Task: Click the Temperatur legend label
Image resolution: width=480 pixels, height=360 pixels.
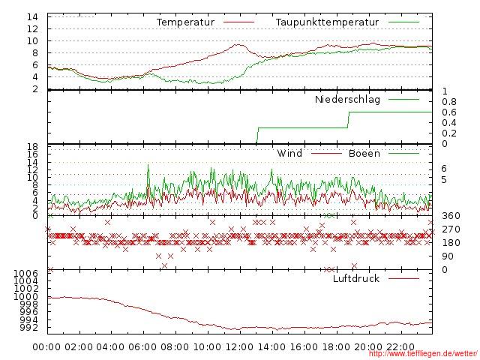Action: pos(185,22)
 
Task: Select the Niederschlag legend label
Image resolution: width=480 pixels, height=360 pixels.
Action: pos(347,99)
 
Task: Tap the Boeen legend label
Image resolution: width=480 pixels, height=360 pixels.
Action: pos(364,154)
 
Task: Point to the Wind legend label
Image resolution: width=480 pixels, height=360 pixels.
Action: pos(289,154)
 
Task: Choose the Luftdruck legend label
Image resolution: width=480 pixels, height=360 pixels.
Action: pos(355,279)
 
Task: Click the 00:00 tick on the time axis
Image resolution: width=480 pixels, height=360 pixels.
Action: pos(47,347)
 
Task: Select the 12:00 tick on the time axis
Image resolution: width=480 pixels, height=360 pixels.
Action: pos(239,347)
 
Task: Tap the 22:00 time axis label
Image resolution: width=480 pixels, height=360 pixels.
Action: pos(399,347)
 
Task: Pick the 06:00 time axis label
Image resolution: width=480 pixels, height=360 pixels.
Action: pos(143,347)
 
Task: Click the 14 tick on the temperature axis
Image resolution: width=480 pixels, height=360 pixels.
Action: pos(33,17)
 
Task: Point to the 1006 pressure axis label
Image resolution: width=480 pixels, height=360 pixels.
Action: pos(27,274)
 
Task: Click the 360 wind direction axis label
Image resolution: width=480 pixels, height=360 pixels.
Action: pos(450,217)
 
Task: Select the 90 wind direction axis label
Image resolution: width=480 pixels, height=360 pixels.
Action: pos(447,256)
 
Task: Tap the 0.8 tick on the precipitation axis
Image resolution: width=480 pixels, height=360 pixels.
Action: pos(448,101)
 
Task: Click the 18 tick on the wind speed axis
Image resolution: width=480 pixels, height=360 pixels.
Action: pos(33,146)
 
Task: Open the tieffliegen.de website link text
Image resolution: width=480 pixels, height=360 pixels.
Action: pos(423,354)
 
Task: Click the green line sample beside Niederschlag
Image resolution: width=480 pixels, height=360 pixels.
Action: pos(404,99)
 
